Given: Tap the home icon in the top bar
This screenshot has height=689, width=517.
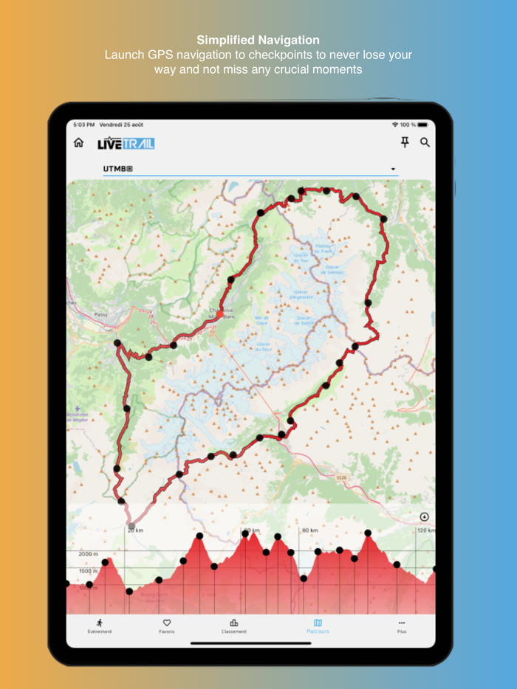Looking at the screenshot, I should pyautogui.click(x=78, y=142).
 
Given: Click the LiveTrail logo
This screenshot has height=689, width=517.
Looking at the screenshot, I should pyautogui.click(x=126, y=143).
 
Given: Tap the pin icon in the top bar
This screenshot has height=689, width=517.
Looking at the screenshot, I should pyautogui.click(x=404, y=142).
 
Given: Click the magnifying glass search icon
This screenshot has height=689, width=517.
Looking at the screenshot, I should pyautogui.click(x=425, y=142).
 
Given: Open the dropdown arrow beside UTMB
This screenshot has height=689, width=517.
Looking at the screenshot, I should pyautogui.click(x=394, y=170).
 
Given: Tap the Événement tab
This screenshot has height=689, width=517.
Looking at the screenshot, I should pyautogui.click(x=100, y=626).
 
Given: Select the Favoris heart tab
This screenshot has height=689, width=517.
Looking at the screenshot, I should pyautogui.click(x=167, y=626).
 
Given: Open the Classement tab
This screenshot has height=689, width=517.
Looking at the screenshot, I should pyautogui.click(x=234, y=626).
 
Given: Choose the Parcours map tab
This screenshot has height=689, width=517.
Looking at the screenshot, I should pyautogui.click(x=318, y=626).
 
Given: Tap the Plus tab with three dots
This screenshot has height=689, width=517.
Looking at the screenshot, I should pyautogui.click(x=402, y=626).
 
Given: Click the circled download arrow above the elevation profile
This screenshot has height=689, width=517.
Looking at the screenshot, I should pyautogui.click(x=424, y=517).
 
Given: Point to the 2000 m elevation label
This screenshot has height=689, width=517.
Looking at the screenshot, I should pyautogui.click(x=88, y=554).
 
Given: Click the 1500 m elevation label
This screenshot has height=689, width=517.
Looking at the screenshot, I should pyautogui.click(x=88, y=571).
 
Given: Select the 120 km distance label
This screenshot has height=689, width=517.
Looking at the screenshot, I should pyautogui.click(x=425, y=530).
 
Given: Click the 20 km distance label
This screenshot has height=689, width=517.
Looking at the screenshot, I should pyautogui.click(x=134, y=530).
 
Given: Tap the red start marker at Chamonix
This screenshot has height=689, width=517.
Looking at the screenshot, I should pyautogui.click(x=219, y=314).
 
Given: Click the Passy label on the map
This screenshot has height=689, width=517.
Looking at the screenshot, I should pyautogui.click(x=101, y=314).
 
